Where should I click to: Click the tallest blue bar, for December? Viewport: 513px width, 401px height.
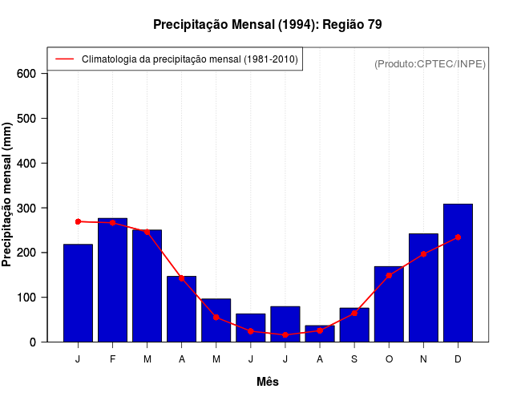click(x=458, y=273)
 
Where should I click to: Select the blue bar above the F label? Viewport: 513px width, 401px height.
click(x=112, y=280)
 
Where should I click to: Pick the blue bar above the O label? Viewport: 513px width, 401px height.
click(x=389, y=304)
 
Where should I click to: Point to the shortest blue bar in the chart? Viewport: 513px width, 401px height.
click(x=320, y=334)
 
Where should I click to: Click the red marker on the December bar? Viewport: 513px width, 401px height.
click(x=458, y=237)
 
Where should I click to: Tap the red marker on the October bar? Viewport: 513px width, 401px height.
click(x=389, y=275)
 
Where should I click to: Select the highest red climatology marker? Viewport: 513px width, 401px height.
click(x=78, y=221)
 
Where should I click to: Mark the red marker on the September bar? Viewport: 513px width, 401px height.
click(x=354, y=313)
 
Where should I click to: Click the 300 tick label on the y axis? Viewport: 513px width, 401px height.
click(x=27, y=208)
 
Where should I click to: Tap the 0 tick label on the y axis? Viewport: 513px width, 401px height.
click(x=33, y=342)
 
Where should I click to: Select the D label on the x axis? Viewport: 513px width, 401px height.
click(x=458, y=359)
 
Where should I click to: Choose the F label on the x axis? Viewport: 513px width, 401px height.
click(x=112, y=359)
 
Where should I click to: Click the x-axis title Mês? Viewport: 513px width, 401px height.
click(x=268, y=382)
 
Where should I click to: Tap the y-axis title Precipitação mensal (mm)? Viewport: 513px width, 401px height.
click(x=7, y=195)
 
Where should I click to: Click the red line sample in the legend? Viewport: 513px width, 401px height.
click(x=64, y=59)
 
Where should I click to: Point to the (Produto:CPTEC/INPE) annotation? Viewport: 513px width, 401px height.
click(x=430, y=63)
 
